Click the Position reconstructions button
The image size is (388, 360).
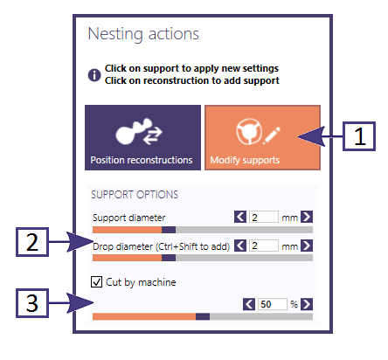tap(142, 137)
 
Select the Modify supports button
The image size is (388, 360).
tap(262, 137)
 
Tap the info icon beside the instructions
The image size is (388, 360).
tap(94, 75)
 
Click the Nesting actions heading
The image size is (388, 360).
tap(143, 34)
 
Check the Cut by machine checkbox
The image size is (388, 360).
tap(96, 282)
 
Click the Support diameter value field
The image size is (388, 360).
tap(264, 217)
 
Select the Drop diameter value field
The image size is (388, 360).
tap(264, 246)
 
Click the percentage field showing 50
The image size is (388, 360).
tap(273, 304)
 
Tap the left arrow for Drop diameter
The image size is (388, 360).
tap(240, 246)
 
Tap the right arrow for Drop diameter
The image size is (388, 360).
tap(307, 246)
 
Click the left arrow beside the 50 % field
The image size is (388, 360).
tap(249, 304)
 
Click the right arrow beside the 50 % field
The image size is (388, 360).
tap(307, 304)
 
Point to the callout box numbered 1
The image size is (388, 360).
tap(359, 136)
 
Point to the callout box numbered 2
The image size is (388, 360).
tap(32, 242)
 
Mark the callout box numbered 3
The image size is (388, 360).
tap(32, 303)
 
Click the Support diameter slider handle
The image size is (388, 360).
tap(169, 230)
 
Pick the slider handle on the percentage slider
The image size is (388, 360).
tap(203, 316)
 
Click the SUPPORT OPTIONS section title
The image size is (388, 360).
tap(135, 195)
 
